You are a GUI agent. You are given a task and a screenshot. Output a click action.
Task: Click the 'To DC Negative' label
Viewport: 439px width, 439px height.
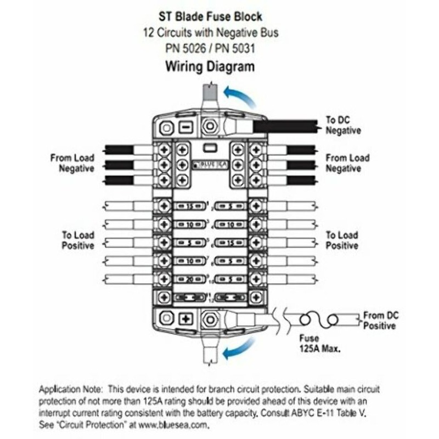point(343,126)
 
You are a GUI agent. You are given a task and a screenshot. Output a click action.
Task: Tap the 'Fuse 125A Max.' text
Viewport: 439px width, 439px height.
point(319,344)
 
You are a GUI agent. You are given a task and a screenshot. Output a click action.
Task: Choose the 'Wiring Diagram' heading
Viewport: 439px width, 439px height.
point(210,67)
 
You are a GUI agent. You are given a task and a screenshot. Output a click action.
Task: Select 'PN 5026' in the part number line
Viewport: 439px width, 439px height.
point(184,48)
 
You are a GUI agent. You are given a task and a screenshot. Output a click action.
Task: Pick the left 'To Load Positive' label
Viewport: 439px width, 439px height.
point(77,240)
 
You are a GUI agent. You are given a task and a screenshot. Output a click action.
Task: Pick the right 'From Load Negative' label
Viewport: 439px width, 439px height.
point(347,163)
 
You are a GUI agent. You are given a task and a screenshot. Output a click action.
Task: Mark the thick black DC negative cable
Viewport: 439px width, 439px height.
point(285,126)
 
